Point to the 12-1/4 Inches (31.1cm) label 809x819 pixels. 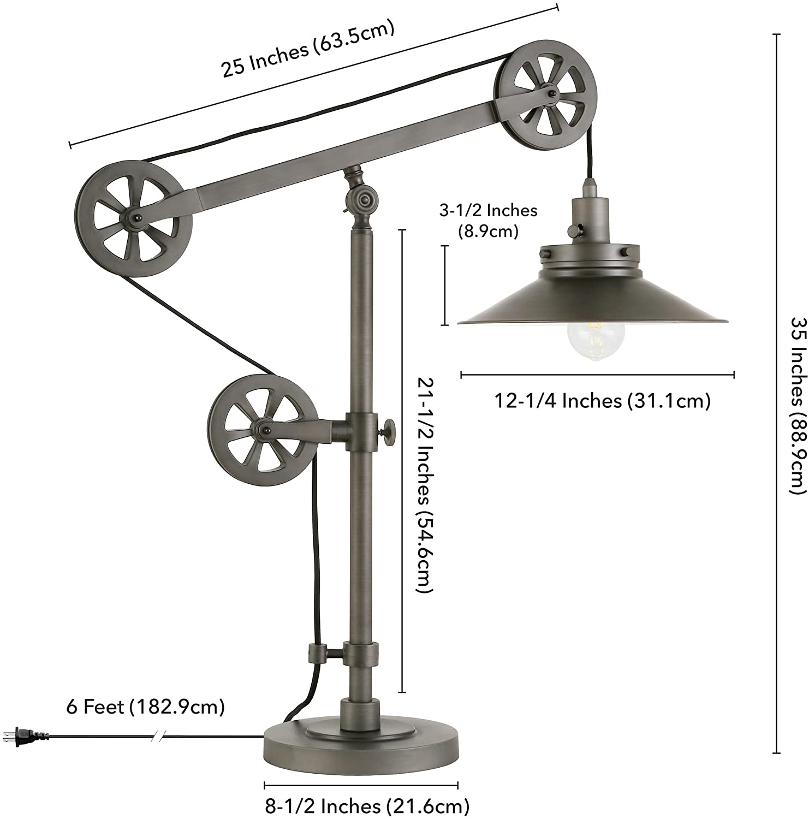(x=602, y=401)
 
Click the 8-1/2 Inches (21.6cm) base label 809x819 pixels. (x=367, y=805)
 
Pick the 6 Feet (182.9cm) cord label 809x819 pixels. (x=145, y=707)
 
